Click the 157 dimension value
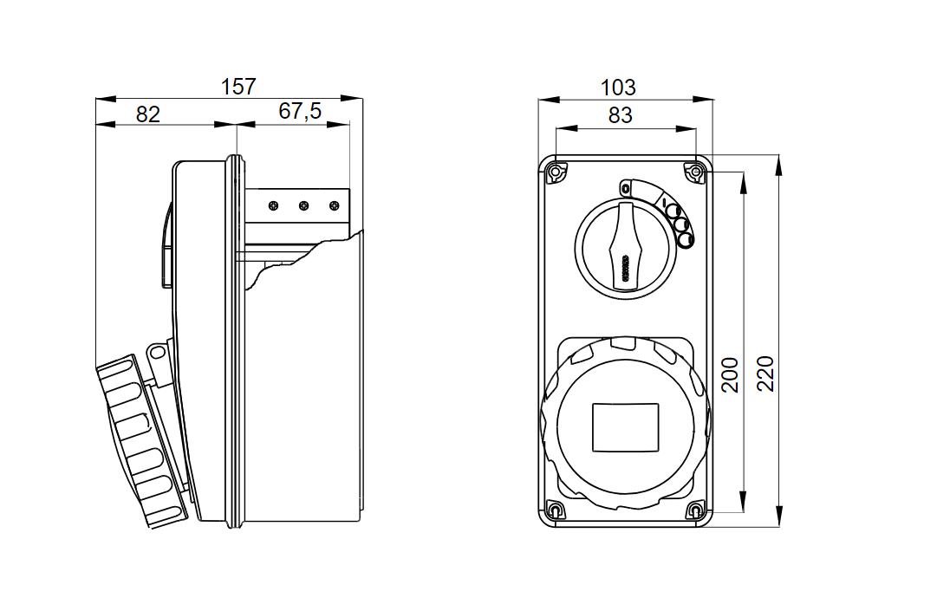pyautogui.click(x=238, y=87)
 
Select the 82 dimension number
pyautogui.click(x=148, y=114)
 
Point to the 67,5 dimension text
pyautogui.click(x=300, y=111)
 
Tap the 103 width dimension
pyautogui.click(x=618, y=88)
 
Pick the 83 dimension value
pyautogui.click(x=621, y=115)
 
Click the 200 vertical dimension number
pyautogui.click(x=731, y=374)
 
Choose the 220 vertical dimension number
pyautogui.click(x=766, y=374)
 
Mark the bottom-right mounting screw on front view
pyautogui.click(x=695, y=510)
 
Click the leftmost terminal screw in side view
pyautogui.click(x=273, y=206)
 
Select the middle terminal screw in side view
pyautogui.click(x=303, y=206)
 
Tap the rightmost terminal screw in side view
pyautogui.click(x=334, y=206)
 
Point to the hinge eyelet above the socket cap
pyautogui.click(x=156, y=353)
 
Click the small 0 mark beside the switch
pyautogui.click(x=625, y=188)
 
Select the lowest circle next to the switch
pyautogui.click(x=685, y=240)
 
